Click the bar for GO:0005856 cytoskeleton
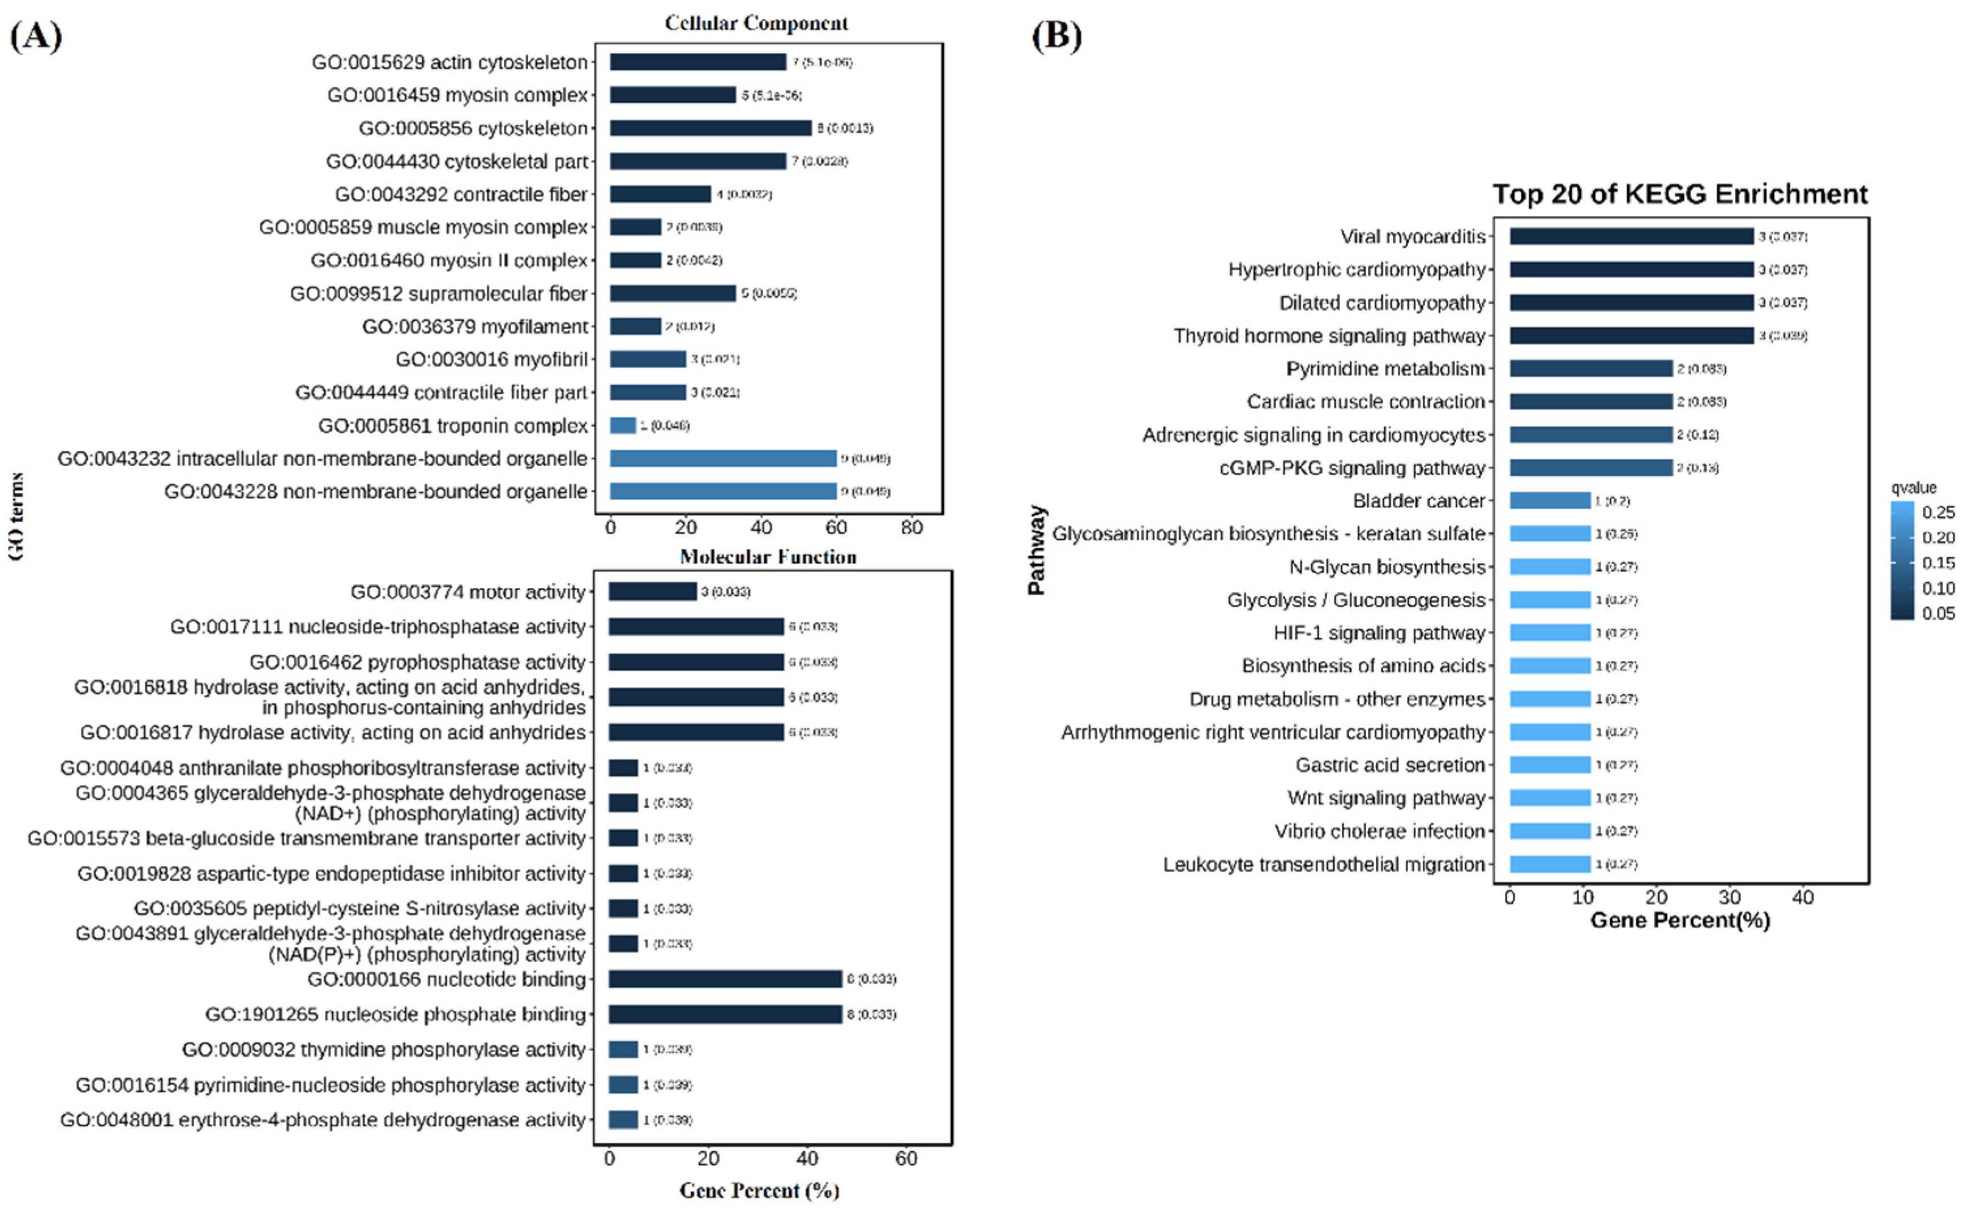point(711,128)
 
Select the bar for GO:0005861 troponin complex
point(623,425)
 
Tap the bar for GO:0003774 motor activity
point(652,591)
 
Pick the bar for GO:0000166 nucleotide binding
point(725,979)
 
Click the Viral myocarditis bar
point(1631,236)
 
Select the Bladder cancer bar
point(1549,501)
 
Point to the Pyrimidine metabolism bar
point(1590,368)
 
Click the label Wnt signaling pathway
point(1386,798)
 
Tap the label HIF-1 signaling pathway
point(1378,633)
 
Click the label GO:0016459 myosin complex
point(458,95)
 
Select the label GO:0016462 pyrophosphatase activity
point(417,662)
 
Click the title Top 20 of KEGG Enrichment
point(1680,194)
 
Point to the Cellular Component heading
point(756,23)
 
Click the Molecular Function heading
point(768,557)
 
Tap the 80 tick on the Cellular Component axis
point(911,528)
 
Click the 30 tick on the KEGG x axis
point(1730,898)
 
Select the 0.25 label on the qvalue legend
point(1939,513)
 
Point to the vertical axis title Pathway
point(1037,550)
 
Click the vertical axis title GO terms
point(16,517)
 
